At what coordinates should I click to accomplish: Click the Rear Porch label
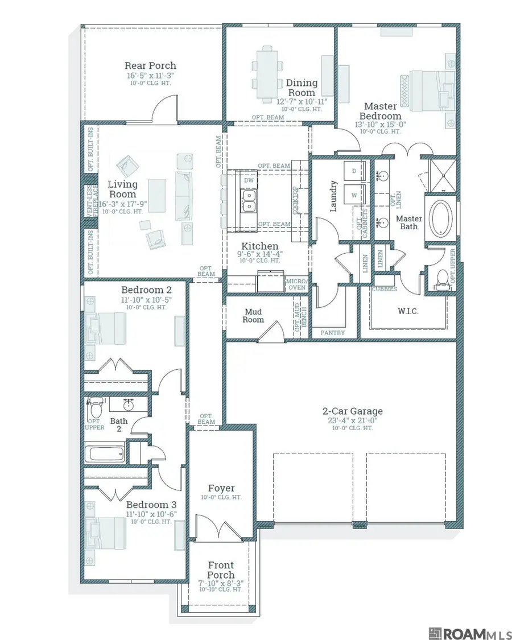pyautogui.click(x=150, y=65)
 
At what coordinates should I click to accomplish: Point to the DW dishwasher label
pyautogui.click(x=249, y=180)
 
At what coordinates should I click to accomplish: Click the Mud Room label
pyautogui.click(x=253, y=316)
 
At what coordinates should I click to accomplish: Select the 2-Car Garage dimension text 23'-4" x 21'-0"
pyautogui.click(x=352, y=420)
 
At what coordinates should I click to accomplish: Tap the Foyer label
pyautogui.click(x=221, y=488)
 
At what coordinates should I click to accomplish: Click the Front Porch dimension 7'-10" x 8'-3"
pyautogui.click(x=221, y=583)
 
